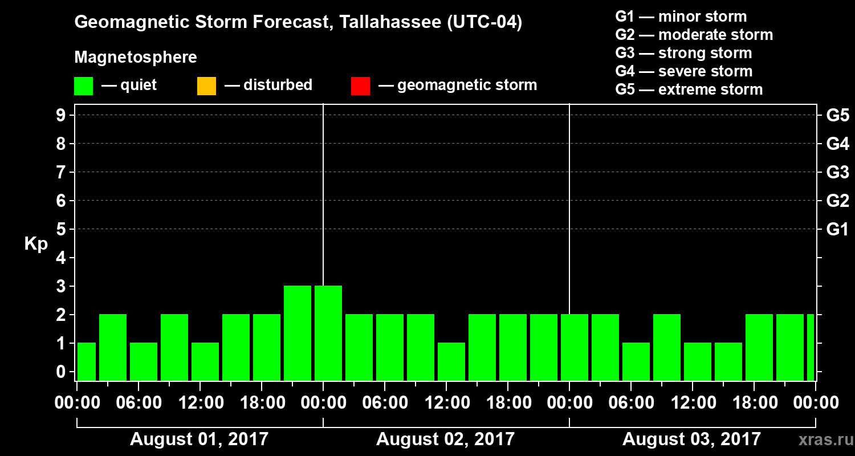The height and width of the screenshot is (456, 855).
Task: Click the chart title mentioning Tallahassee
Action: click(x=298, y=23)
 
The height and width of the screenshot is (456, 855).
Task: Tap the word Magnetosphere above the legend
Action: click(x=136, y=58)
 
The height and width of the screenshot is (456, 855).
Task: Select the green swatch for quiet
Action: click(x=83, y=86)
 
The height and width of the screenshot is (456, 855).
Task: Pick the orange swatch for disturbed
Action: click(x=206, y=86)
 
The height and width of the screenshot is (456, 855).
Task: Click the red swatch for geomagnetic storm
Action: click(x=360, y=86)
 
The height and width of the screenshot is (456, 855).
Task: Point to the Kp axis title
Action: click(x=36, y=244)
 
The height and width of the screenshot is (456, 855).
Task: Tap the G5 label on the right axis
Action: click(x=837, y=115)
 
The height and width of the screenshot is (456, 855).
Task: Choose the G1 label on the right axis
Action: click(x=837, y=230)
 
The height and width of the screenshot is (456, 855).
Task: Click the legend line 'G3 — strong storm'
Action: click(x=683, y=53)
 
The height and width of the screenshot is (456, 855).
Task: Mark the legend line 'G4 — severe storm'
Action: click(x=684, y=71)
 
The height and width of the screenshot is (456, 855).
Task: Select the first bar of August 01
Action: click(x=87, y=361)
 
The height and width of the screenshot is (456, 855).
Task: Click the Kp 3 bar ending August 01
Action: click(x=298, y=333)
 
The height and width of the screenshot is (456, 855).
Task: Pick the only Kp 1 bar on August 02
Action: click(x=451, y=361)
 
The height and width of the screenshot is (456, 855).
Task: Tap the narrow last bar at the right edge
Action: click(x=811, y=347)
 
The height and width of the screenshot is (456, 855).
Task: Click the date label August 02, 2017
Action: click(x=445, y=439)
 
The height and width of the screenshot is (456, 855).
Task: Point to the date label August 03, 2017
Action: click(x=691, y=439)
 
